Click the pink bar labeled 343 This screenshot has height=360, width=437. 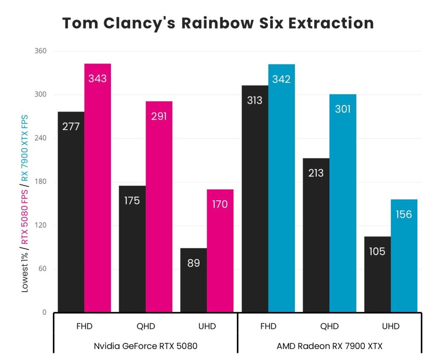(97, 188)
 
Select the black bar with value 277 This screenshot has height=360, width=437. (71, 212)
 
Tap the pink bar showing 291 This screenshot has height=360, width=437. (159, 207)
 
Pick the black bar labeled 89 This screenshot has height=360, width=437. (193, 280)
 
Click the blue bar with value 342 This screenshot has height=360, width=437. (281, 188)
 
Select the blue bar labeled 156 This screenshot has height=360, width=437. (404, 255)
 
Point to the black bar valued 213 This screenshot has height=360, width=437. (316, 235)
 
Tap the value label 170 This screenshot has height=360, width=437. (220, 205)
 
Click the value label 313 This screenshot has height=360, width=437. (255, 101)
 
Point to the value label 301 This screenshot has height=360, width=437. (343, 109)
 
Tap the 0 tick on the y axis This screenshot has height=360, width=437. (44, 313)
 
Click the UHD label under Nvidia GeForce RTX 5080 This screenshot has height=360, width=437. (207, 327)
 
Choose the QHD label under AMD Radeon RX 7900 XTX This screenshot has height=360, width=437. (329, 327)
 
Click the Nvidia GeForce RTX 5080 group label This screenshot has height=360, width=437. (146, 346)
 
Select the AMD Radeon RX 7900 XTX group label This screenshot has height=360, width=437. (329, 346)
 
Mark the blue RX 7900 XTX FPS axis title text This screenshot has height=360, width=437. (25, 147)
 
